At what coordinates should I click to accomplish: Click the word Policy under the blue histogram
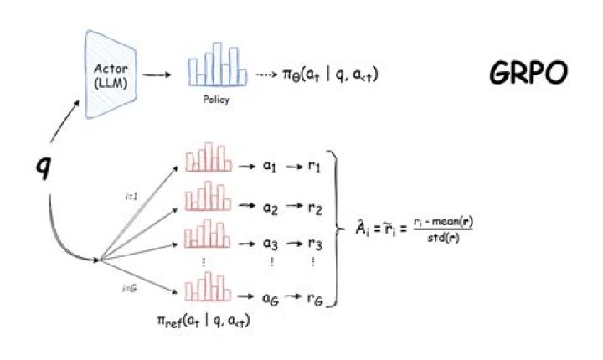[x=216, y=99]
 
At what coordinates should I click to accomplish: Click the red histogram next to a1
[x=206, y=160]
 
